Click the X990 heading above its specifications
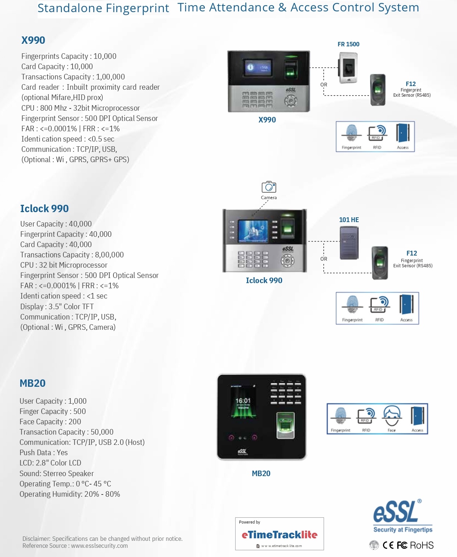tap(33, 40)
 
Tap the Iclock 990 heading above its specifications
tap(44, 208)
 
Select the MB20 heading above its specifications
tap(32, 383)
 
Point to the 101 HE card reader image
tap(349, 243)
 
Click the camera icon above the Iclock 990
tap(269, 187)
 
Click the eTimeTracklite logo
tap(280, 535)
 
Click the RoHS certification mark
tap(422, 545)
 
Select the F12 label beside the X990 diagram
tap(411, 84)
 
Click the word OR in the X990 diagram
tap(324, 85)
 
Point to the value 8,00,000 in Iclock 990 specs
tap(109, 255)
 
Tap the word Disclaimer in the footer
tap(36, 539)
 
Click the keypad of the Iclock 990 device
tap(253, 259)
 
